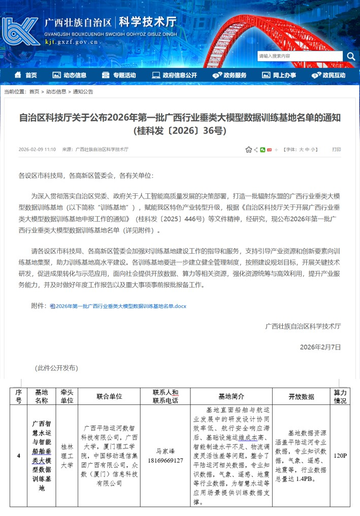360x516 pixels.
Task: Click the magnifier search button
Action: pos(351,56)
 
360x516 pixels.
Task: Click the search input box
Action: pos(300,56)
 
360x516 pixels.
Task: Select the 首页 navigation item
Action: pos(26,75)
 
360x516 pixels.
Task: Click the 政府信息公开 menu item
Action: pos(175,75)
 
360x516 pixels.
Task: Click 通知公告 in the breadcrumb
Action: pos(83,92)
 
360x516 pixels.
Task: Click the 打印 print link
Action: pos(337,150)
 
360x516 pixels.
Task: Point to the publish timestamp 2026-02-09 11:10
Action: pos(37,150)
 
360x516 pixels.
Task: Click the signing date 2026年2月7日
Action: pos(320,347)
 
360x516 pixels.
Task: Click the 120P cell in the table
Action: pos(340,455)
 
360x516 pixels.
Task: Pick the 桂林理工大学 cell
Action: pos(67,455)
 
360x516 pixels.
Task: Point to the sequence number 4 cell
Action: pos(19,455)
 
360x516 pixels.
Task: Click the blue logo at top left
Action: pos(20,31)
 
